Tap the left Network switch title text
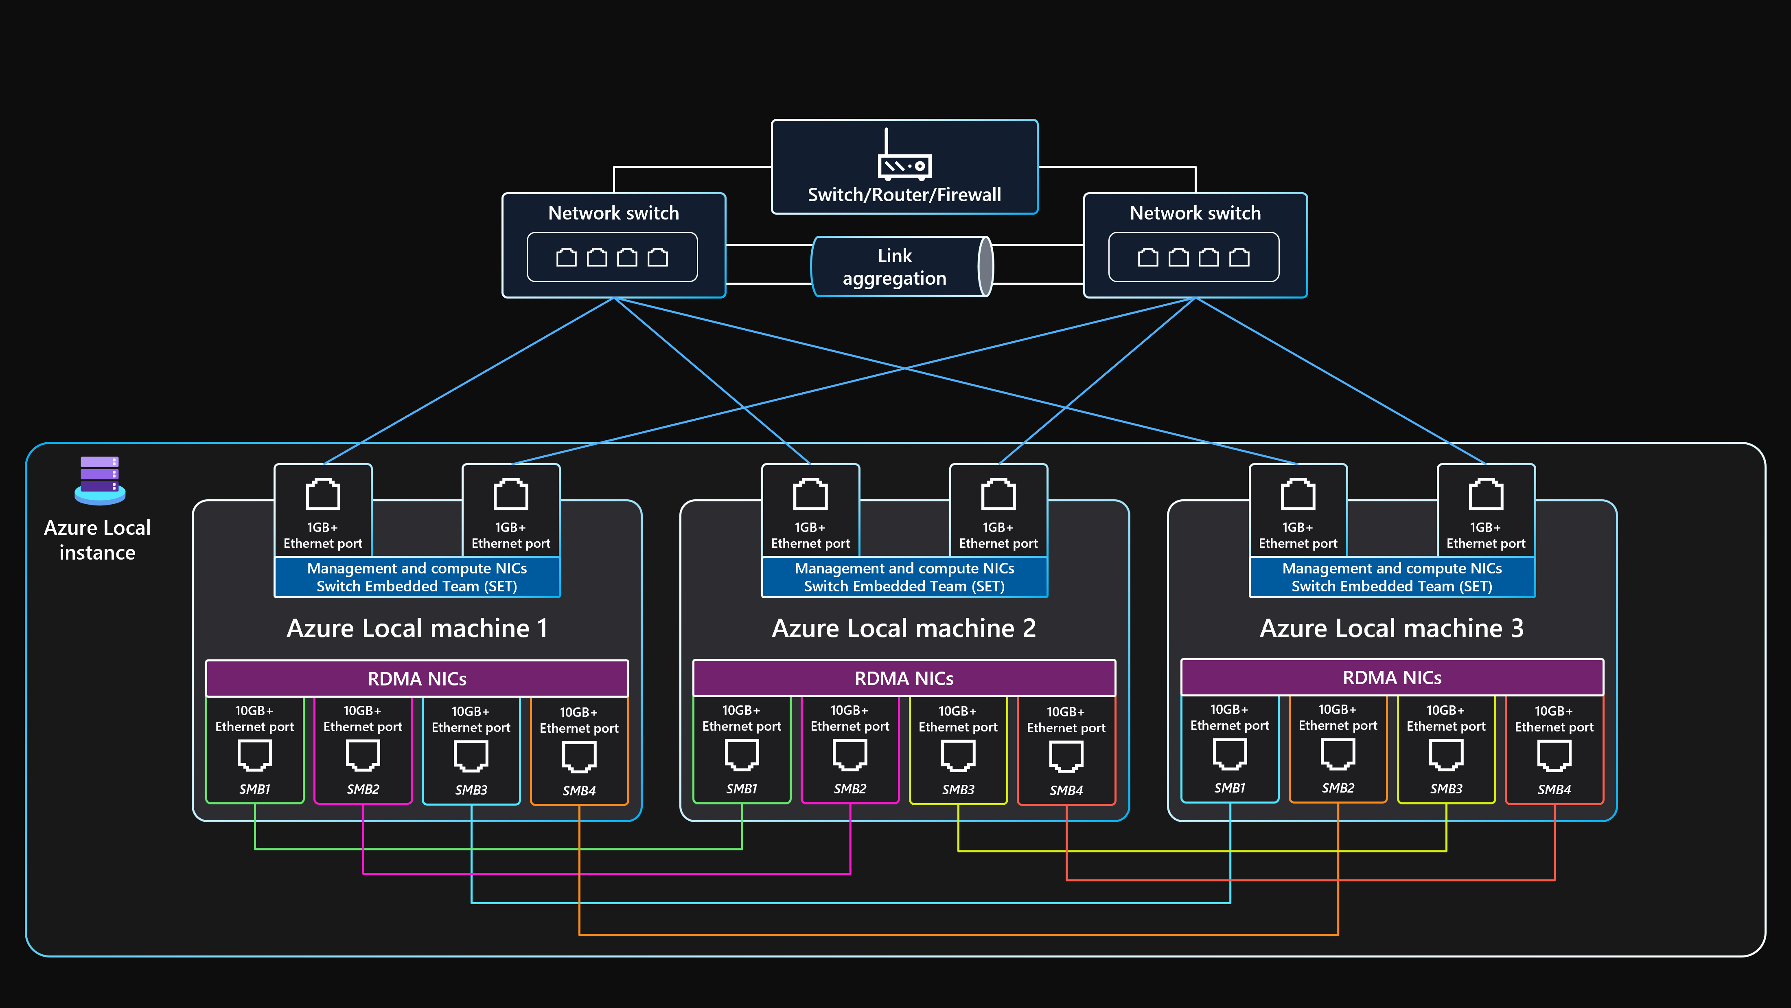click(613, 213)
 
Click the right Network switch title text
click(1194, 213)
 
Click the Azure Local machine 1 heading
click(417, 628)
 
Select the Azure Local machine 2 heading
click(904, 628)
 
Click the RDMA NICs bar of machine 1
click(417, 678)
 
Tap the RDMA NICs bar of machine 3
click(1392, 678)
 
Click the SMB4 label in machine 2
click(1066, 790)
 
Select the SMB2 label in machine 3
click(1338, 788)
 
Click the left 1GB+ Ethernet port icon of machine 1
click(323, 494)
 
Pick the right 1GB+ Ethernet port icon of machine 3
click(1486, 494)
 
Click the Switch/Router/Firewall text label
click(904, 195)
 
